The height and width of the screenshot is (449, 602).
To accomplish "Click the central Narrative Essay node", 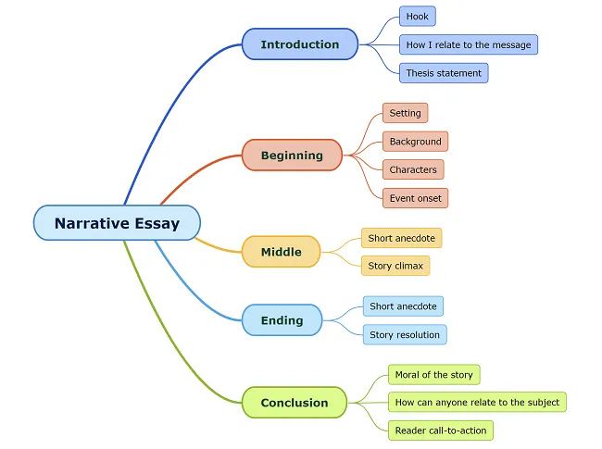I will [117, 223].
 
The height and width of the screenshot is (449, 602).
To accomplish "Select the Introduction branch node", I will [299, 44].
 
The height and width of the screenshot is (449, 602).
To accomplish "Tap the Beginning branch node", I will [292, 156].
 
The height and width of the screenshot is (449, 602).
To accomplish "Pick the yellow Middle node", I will [281, 252].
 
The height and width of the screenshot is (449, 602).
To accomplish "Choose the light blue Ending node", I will [282, 320].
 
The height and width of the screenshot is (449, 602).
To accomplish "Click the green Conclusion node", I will [295, 403].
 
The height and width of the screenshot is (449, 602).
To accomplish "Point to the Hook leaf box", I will [417, 17].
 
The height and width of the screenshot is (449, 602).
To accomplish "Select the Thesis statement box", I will [444, 73].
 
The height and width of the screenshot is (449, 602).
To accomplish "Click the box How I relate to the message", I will [468, 44].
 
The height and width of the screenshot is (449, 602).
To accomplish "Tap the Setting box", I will [405, 113].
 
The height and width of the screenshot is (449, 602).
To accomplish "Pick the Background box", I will [415, 142].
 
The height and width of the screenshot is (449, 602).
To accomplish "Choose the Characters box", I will [413, 170].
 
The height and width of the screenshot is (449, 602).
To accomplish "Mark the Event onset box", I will [415, 198].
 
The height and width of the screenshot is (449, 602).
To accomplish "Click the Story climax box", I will [395, 266].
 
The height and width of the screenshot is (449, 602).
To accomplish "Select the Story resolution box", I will [405, 334].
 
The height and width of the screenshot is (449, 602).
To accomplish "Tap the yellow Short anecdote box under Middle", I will [401, 238].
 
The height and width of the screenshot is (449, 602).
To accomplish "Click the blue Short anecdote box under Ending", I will [403, 306].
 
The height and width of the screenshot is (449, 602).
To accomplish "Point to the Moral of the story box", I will [433, 375].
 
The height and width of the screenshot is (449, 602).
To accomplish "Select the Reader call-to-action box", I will [440, 430].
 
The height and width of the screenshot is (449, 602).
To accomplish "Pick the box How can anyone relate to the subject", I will [476, 403].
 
